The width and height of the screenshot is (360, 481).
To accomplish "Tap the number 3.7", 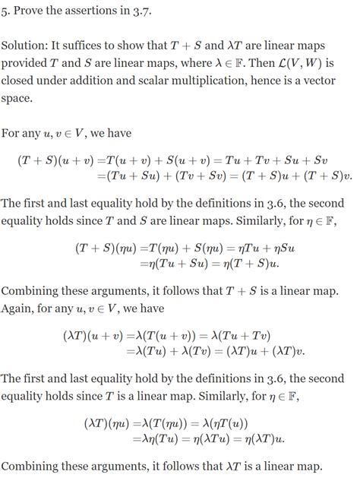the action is [150, 10].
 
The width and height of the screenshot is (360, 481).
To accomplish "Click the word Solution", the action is [26, 46].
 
